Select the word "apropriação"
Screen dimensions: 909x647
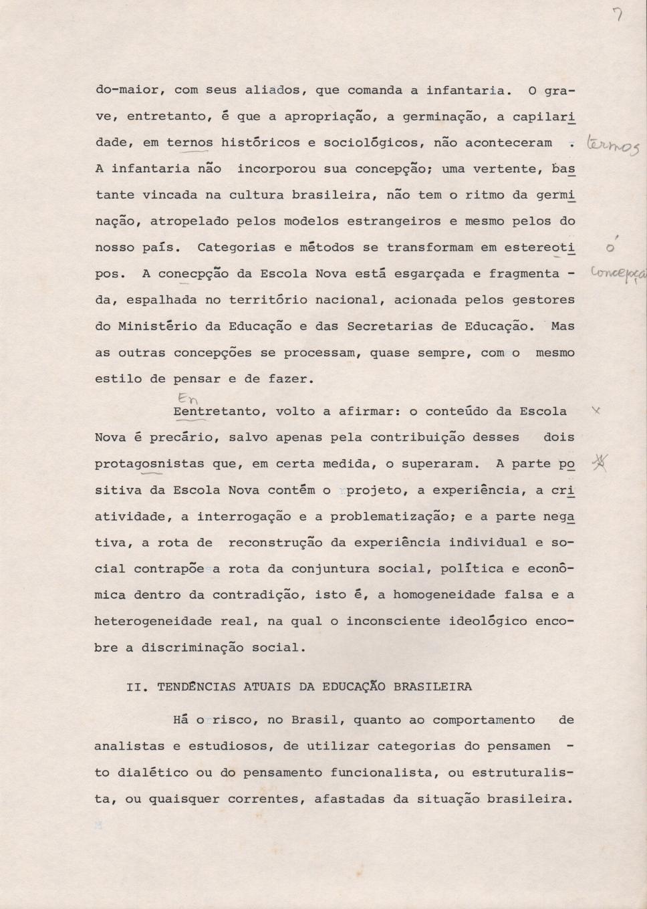tap(323, 116)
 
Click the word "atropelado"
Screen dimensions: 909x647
tap(189, 221)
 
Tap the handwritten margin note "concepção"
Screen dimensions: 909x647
tap(618, 275)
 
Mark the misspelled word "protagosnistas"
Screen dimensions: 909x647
tap(150, 464)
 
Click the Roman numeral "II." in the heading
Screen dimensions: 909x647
tap(138, 686)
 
